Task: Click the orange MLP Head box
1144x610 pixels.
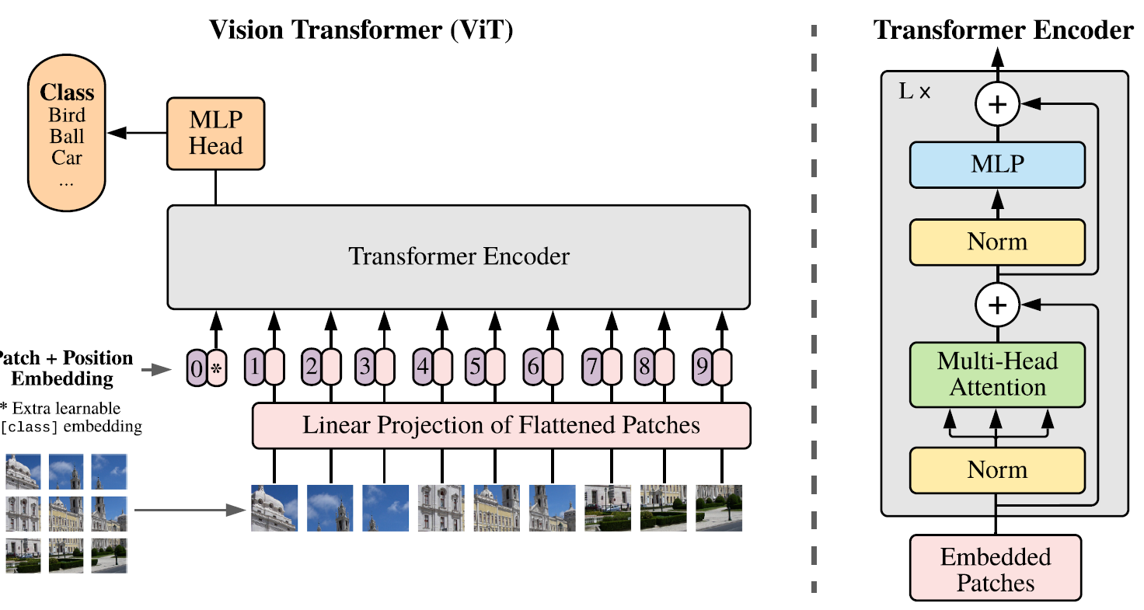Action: point(215,133)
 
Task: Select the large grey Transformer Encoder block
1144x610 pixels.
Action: point(459,256)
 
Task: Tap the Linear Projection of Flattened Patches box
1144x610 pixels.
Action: point(501,425)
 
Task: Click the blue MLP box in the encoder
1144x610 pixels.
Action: point(997,165)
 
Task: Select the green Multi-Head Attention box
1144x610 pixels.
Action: point(997,375)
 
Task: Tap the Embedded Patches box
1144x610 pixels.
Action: point(996,568)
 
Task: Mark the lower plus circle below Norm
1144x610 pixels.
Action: point(997,305)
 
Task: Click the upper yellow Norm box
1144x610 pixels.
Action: point(997,242)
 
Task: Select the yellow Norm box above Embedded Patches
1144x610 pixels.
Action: point(997,470)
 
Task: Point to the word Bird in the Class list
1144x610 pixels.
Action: point(68,116)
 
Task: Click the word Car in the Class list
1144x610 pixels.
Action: point(68,158)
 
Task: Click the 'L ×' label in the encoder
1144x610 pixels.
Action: point(915,92)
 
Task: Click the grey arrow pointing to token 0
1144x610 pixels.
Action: point(159,370)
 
